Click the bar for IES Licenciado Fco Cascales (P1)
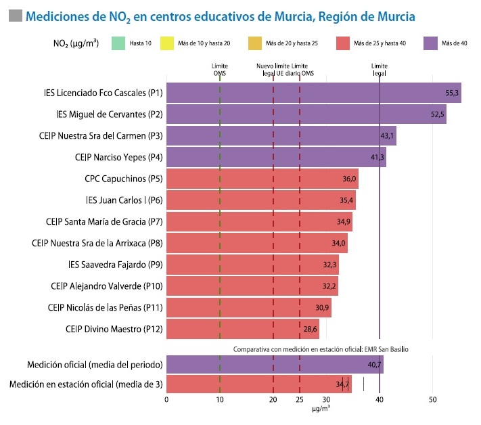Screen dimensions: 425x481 pos(313,93)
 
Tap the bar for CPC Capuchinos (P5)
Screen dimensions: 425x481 pos(262,179)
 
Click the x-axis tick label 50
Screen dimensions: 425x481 pos(432,400)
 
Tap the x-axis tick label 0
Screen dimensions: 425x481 pos(166,400)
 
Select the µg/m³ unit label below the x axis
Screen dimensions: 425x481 pos(321,409)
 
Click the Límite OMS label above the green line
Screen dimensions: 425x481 pos(220,69)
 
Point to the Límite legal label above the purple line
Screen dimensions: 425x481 pos(380,69)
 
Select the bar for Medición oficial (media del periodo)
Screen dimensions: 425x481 pos(275,365)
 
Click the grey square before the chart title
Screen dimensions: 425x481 pos(15,15)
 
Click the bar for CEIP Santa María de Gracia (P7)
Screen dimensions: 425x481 pos(259,222)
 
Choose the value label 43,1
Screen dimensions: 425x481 pos(387,136)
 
